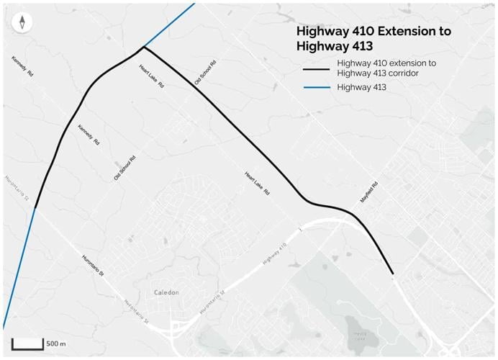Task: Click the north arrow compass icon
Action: (23, 22)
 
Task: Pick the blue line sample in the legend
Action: (316, 88)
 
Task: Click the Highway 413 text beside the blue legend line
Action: (361, 88)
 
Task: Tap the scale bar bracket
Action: (27, 344)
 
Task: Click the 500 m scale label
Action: (56, 343)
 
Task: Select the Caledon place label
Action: (166, 293)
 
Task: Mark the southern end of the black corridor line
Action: (392, 274)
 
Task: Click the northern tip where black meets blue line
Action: (143, 48)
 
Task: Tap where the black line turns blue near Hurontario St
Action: (35, 208)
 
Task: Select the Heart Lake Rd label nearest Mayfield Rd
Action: (256, 184)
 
